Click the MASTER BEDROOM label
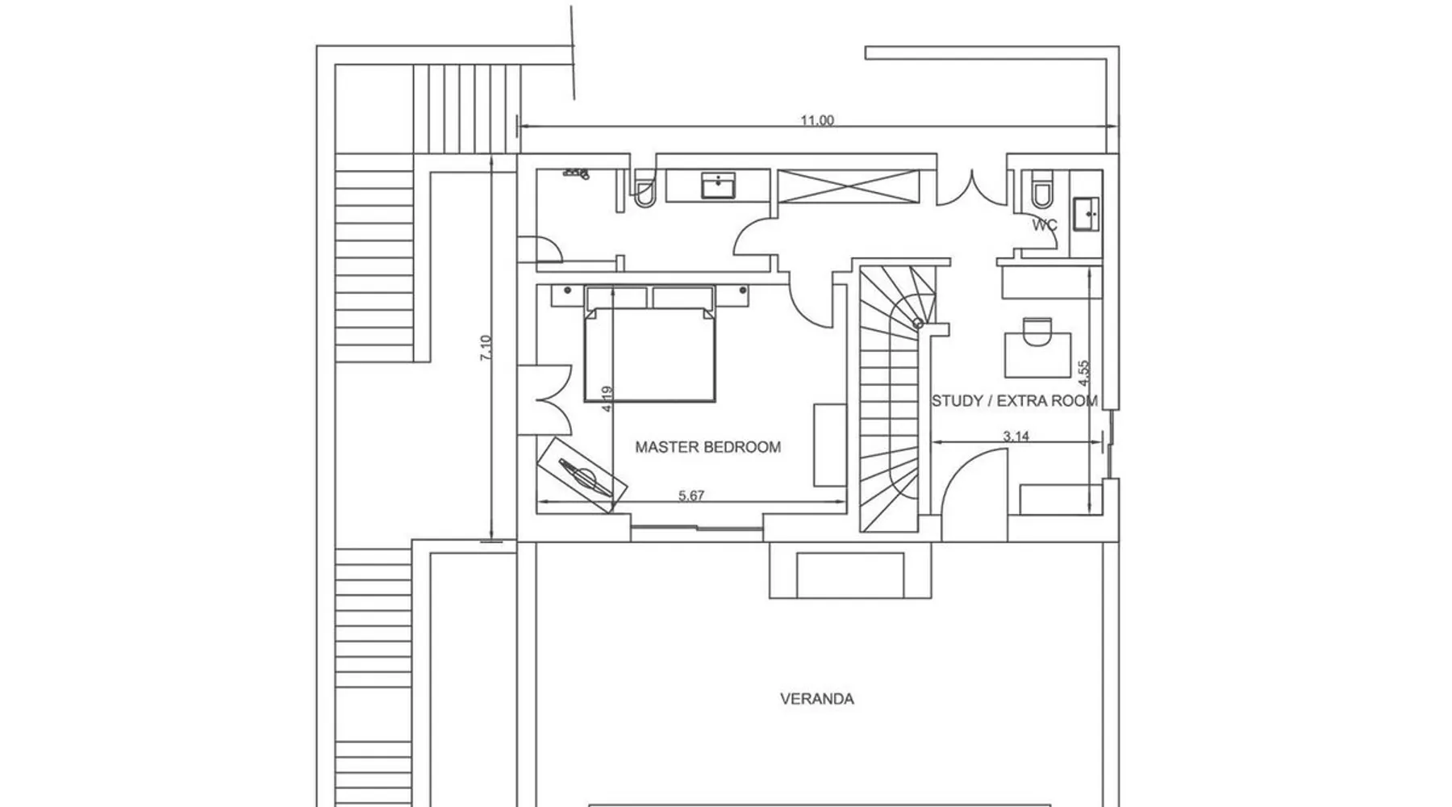coord(707,447)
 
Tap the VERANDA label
coord(816,699)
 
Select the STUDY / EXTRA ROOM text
coord(1014,401)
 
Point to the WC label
coord(1045,225)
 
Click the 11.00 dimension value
coord(817,120)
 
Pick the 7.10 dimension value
coord(486,348)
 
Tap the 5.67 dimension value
coord(691,495)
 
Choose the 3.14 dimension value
coord(1016,436)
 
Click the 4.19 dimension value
coord(607,399)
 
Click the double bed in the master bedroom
coord(649,344)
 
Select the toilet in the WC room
coord(1041,190)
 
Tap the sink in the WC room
coord(1087,213)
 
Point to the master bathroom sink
coord(716,185)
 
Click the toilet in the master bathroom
coord(644,190)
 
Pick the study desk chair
coord(1037,331)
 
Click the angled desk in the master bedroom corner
coord(582,475)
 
